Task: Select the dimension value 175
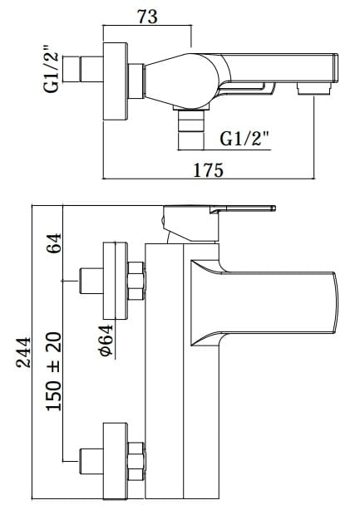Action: click(x=208, y=169)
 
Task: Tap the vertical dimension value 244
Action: click(x=24, y=356)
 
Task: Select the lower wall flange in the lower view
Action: click(x=115, y=460)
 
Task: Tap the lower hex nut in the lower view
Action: click(x=137, y=460)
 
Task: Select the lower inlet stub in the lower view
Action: click(x=89, y=460)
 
